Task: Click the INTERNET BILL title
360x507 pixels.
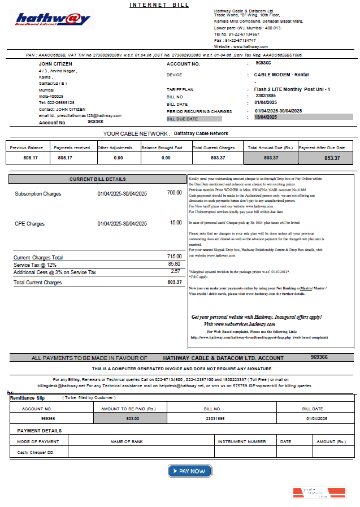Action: coord(159,5)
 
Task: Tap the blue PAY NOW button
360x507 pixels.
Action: coord(189,471)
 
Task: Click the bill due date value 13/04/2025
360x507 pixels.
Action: coord(266,117)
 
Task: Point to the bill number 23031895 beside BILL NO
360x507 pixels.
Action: coord(266,96)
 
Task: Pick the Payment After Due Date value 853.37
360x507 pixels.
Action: coord(328,158)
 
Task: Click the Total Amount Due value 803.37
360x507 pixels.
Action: coord(271,158)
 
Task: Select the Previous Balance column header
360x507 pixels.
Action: coord(27,148)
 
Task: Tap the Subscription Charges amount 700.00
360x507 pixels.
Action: coord(174,193)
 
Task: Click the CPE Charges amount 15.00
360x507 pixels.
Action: coord(176,223)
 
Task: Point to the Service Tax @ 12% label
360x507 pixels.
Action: coord(35,265)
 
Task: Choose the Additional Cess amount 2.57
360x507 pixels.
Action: coord(175,271)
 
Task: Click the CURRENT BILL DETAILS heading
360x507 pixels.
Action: coord(97,179)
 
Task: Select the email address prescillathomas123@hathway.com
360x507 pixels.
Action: coord(88,115)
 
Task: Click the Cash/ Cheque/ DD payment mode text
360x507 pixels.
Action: coord(35,452)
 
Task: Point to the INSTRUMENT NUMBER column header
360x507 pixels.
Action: coord(242,441)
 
